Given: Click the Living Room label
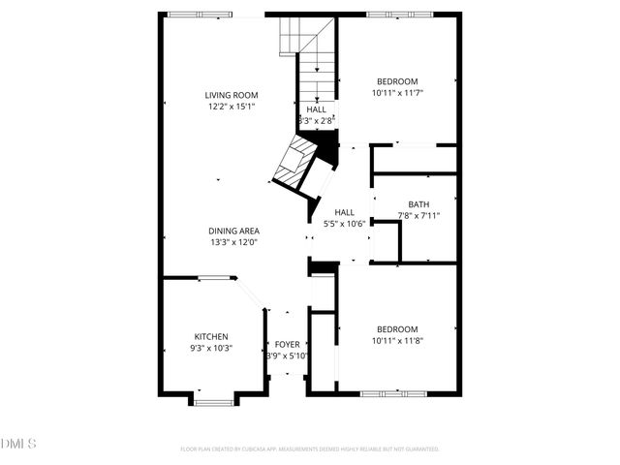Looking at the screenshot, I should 230,95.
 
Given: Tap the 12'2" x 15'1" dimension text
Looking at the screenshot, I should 230,107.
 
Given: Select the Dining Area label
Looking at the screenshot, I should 233,231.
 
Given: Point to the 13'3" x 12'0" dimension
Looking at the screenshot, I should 233,242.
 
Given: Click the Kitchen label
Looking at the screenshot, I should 211,336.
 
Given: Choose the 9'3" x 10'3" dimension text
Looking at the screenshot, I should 211,348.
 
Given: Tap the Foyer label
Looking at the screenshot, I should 288,344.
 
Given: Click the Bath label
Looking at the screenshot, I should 418,203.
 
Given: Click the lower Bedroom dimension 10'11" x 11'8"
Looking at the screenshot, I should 397,340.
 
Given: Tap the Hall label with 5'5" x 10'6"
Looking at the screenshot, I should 345,212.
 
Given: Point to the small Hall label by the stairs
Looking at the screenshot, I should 317,109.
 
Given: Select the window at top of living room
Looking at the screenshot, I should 200,15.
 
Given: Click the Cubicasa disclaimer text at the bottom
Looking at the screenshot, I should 309,449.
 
